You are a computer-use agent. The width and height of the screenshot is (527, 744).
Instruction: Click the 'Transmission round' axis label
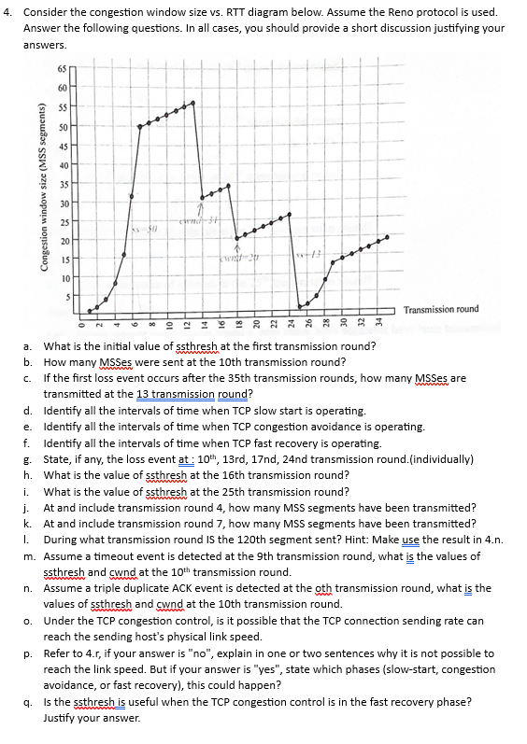[x=441, y=310]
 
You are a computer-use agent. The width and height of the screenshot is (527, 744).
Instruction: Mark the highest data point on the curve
[x=193, y=103]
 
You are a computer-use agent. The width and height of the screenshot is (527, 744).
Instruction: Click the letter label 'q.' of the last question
[x=29, y=703]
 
